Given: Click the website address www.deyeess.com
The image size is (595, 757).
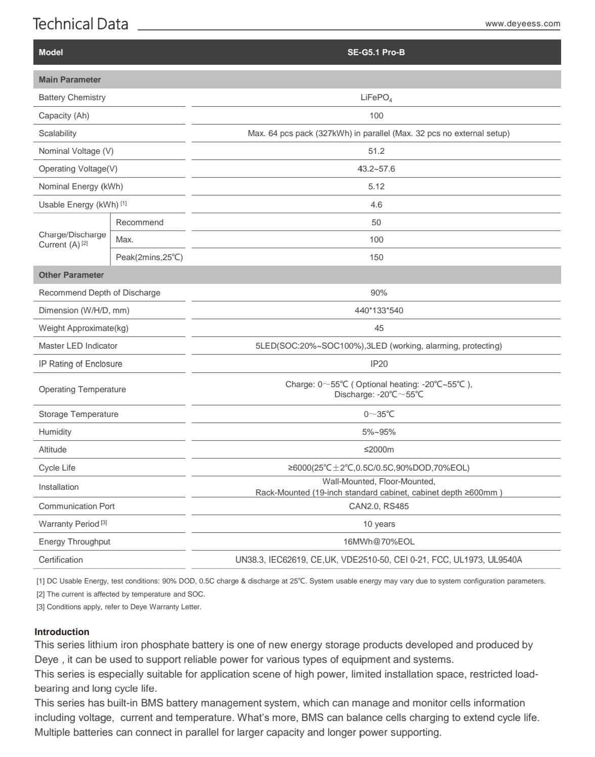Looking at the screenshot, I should (522, 24).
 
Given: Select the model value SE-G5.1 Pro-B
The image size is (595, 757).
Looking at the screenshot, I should (376, 52).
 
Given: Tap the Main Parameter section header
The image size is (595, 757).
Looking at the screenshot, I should (70, 79).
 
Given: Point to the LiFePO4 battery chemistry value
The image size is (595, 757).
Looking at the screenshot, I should (376, 98).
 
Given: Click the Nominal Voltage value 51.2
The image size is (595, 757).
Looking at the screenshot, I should (376, 151).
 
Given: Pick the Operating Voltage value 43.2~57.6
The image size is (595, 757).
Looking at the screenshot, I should (376, 169).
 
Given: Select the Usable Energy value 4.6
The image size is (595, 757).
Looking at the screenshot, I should (376, 204).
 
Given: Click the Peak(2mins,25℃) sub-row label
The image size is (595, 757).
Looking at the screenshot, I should (149, 257).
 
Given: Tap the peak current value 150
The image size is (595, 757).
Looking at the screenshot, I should (376, 257).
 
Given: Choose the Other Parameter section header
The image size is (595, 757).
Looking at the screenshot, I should (71, 275).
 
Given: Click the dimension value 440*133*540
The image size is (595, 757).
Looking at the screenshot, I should (378, 310).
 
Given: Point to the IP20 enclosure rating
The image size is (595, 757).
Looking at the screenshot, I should (378, 364).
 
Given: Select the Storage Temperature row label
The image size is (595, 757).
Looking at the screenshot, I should (78, 414).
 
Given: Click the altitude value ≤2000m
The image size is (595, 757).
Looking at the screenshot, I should (378, 449).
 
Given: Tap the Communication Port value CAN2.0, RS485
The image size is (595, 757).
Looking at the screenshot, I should (378, 506).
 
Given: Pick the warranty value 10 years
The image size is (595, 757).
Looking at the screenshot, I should (378, 524).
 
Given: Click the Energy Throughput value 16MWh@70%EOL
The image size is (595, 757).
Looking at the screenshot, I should (378, 541).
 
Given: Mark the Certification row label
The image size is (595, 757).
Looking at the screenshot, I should (61, 560).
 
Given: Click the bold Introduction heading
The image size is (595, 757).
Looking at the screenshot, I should (62, 632).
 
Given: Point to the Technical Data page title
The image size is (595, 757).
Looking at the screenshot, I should (80, 24).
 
